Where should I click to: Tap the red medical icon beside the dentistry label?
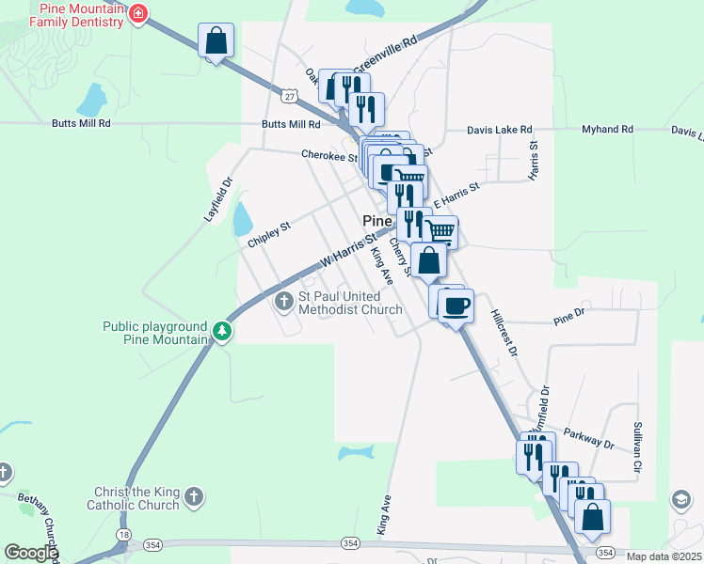(x=138, y=13)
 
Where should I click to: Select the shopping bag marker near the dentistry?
(x=216, y=41)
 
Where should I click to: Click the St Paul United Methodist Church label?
(x=350, y=303)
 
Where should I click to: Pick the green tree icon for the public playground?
(x=221, y=331)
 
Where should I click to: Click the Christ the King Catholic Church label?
(x=136, y=498)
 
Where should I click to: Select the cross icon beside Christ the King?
(x=194, y=496)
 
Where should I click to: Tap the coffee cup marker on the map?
(x=456, y=305)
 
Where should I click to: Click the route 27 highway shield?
(x=289, y=94)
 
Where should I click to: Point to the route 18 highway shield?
(x=123, y=533)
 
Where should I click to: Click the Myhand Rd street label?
(x=607, y=130)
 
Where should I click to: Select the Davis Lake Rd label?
(x=500, y=130)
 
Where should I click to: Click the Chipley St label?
(x=270, y=234)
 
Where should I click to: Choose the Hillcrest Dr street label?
(x=504, y=334)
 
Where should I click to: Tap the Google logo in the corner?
(x=30, y=554)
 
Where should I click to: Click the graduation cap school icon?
(x=681, y=499)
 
